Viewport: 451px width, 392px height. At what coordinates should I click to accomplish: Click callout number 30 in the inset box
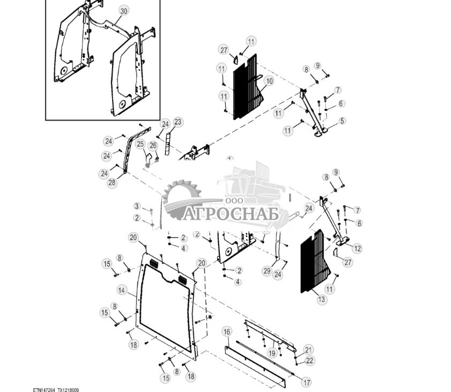124,11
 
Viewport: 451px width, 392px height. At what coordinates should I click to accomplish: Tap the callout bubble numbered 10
269,81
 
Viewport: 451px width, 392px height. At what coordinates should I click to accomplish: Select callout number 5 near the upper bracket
342,121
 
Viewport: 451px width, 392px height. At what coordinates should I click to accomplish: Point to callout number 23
178,122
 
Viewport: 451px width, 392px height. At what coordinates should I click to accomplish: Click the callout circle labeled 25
140,144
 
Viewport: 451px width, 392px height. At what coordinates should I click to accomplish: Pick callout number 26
153,145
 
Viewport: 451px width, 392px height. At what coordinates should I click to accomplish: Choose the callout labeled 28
112,183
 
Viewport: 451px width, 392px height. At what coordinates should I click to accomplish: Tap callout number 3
137,206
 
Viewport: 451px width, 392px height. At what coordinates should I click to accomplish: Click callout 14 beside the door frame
122,290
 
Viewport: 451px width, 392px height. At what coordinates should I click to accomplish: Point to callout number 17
306,382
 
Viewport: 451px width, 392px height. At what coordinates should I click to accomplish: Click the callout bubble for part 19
272,353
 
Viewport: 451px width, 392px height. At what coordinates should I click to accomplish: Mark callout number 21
308,349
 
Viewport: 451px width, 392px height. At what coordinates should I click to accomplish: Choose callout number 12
357,248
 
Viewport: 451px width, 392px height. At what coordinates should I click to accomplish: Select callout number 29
267,272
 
